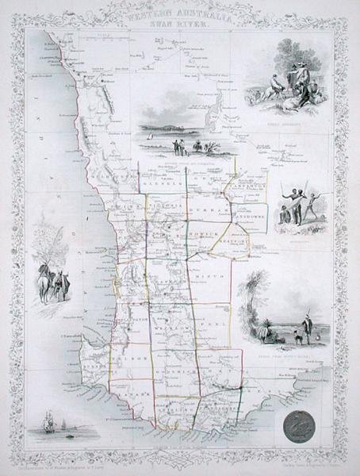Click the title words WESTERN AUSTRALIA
point(181,14)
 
